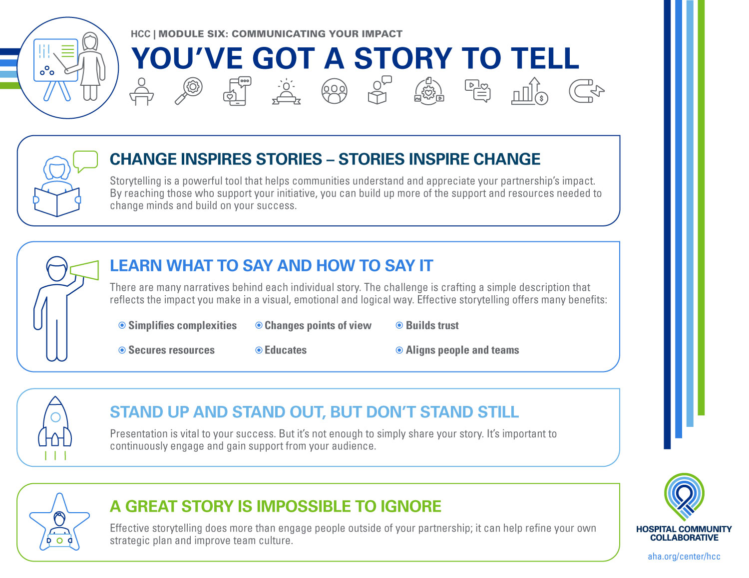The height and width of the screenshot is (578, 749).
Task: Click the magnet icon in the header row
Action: (586, 91)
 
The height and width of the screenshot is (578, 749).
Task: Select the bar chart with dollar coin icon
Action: (529, 91)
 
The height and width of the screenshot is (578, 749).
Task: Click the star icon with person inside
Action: (59, 522)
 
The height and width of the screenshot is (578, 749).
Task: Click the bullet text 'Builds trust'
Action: (432, 326)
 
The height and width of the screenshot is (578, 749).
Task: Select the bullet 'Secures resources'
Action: (171, 350)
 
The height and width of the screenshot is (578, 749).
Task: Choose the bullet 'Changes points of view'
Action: (318, 326)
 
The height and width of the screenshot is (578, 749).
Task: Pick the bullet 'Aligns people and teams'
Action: (462, 350)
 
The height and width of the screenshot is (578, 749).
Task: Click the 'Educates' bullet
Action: (285, 350)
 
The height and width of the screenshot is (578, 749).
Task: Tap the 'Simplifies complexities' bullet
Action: (182, 326)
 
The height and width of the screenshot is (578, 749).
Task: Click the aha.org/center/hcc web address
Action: (684, 557)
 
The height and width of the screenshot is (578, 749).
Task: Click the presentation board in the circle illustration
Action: (55, 60)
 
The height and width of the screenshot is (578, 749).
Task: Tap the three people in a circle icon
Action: (334, 91)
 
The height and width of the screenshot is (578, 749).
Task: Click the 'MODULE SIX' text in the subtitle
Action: (192, 34)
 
